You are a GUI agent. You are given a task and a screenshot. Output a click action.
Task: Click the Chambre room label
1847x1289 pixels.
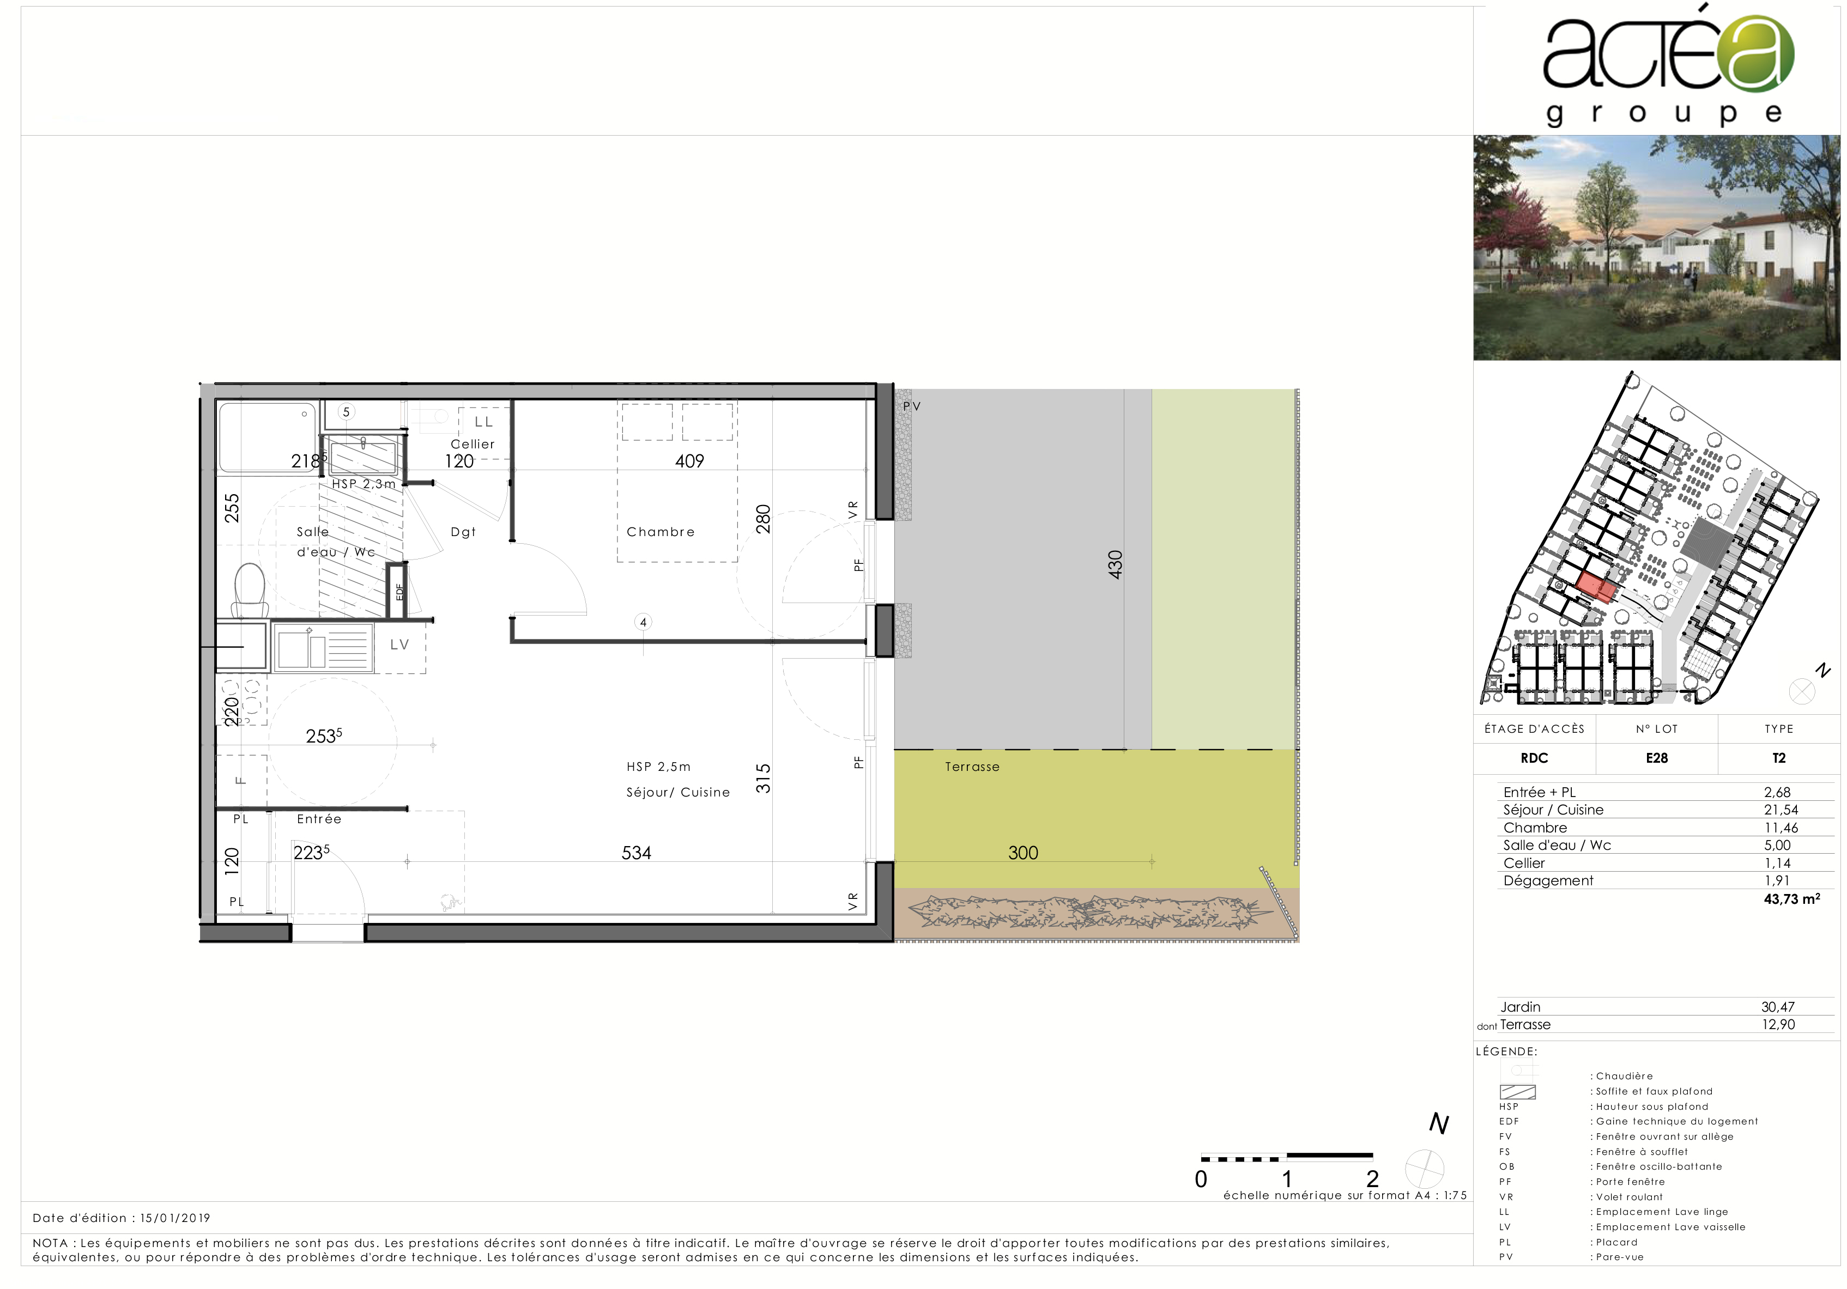pyautogui.click(x=661, y=532)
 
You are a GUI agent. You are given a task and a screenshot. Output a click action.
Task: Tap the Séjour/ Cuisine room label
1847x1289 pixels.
pyautogui.click(x=678, y=792)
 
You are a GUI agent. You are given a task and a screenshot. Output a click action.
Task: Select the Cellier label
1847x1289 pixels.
pyautogui.click(x=472, y=444)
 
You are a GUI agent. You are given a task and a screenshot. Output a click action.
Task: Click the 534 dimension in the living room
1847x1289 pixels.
pyautogui.click(x=637, y=853)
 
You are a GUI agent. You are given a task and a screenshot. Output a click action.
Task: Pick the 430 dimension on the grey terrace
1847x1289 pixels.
pyautogui.click(x=1115, y=564)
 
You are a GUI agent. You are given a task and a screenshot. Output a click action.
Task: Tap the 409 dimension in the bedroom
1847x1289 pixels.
pyautogui.click(x=689, y=461)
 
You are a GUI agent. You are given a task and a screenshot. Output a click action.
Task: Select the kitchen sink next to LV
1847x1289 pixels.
pyautogui.click(x=323, y=647)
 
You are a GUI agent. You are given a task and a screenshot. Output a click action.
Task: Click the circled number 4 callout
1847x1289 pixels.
pyautogui.click(x=643, y=622)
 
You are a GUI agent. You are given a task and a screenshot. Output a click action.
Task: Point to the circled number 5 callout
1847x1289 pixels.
pyautogui.click(x=347, y=412)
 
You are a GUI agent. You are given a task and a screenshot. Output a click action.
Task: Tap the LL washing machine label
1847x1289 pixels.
pyautogui.click(x=483, y=421)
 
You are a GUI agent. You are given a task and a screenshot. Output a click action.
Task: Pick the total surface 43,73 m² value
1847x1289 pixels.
pyautogui.click(x=1791, y=899)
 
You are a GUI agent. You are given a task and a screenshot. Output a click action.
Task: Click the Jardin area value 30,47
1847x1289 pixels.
pyautogui.click(x=1778, y=1007)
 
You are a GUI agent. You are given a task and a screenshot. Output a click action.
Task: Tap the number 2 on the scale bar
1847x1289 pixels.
pyautogui.click(x=1372, y=1179)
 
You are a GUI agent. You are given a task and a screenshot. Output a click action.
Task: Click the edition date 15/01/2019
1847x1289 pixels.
pyautogui.click(x=175, y=1218)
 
